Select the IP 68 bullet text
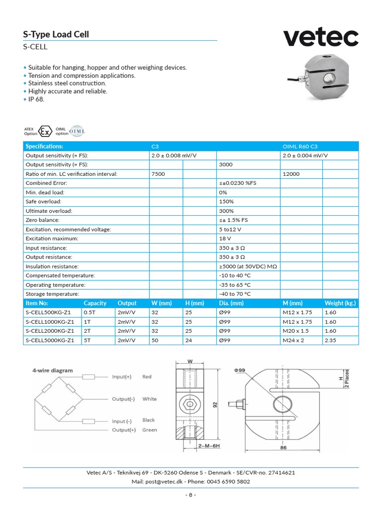click(36, 99)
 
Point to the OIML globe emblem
click(78, 131)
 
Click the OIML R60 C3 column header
click(300, 146)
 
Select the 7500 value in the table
click(158, 174)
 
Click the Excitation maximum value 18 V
click(225, 239)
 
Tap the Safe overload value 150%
click(226, 202)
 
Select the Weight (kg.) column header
click(340, 303)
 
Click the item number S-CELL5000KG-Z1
click(50, 340)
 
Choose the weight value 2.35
click(330, 340)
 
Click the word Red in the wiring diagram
click(147, 377)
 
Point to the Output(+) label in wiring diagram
click(124, 430)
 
